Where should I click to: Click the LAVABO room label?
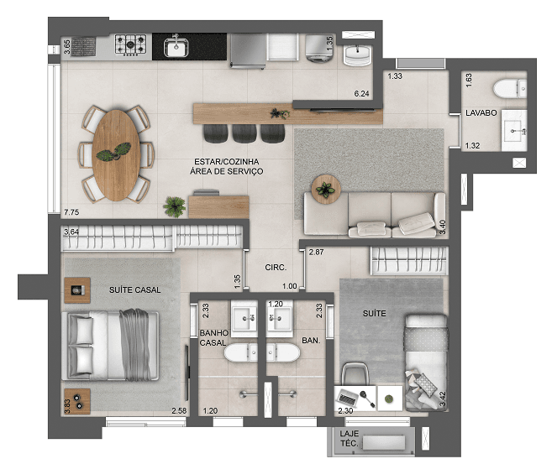click(481, 112)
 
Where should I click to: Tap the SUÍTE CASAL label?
click(134, 289)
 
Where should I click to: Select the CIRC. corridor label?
click(276, 268)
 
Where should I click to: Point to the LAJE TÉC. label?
click(349, 439)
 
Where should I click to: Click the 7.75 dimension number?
click(71, 212)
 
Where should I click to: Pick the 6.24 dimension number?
click(361, 94)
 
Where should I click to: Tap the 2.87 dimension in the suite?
click(316, 252)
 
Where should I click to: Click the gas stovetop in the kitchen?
click(130, 44)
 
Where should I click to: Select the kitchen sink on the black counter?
click(176, 47)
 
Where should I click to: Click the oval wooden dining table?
click(116, 155)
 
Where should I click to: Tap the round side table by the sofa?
click(326, 190)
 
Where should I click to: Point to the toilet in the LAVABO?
click(509, 88)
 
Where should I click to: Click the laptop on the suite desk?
click(348, 399)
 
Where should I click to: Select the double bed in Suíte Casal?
click(110, 346)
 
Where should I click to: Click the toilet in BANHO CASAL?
click(240, 352)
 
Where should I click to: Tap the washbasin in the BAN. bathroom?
click(280, 318)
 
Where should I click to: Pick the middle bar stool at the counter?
click(244, 133)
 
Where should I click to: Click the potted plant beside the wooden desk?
click(175, 206)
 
